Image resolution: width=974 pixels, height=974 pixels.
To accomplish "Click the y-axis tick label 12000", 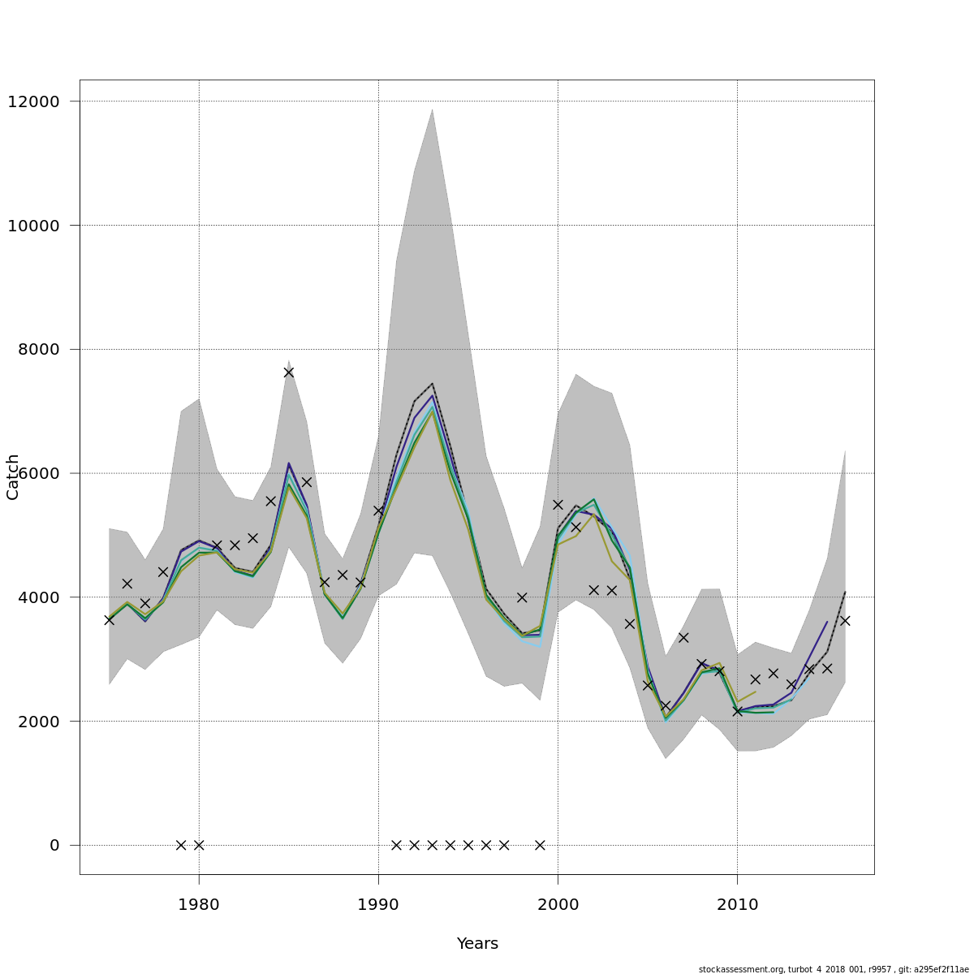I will [33, 101].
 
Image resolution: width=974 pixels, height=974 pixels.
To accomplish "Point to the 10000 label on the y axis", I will [33, 226].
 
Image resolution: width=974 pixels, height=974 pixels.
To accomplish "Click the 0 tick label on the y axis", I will [54, 846].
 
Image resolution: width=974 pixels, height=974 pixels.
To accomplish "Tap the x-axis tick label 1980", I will [199, 905].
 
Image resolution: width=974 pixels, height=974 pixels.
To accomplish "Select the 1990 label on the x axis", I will [378, 905].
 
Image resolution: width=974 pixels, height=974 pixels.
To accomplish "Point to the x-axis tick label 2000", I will [558, 905].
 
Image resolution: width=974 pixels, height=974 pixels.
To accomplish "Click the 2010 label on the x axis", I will [737, 905].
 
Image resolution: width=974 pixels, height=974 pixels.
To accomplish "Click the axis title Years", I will [477, 944].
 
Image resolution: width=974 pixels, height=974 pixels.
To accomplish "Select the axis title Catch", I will [13, 477].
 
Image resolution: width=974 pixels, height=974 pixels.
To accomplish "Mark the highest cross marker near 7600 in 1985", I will [288, 372].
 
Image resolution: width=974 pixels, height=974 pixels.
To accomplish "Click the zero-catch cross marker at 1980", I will [199, 845].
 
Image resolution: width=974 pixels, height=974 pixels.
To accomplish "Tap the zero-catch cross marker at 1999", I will [540, 845].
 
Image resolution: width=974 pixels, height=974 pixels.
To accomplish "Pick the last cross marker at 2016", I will [845, 620].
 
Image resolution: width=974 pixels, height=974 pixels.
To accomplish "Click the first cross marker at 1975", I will [109, 619].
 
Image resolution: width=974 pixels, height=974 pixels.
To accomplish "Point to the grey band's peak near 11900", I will [432, 109].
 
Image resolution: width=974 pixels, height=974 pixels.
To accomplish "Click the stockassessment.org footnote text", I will [834, 969].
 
